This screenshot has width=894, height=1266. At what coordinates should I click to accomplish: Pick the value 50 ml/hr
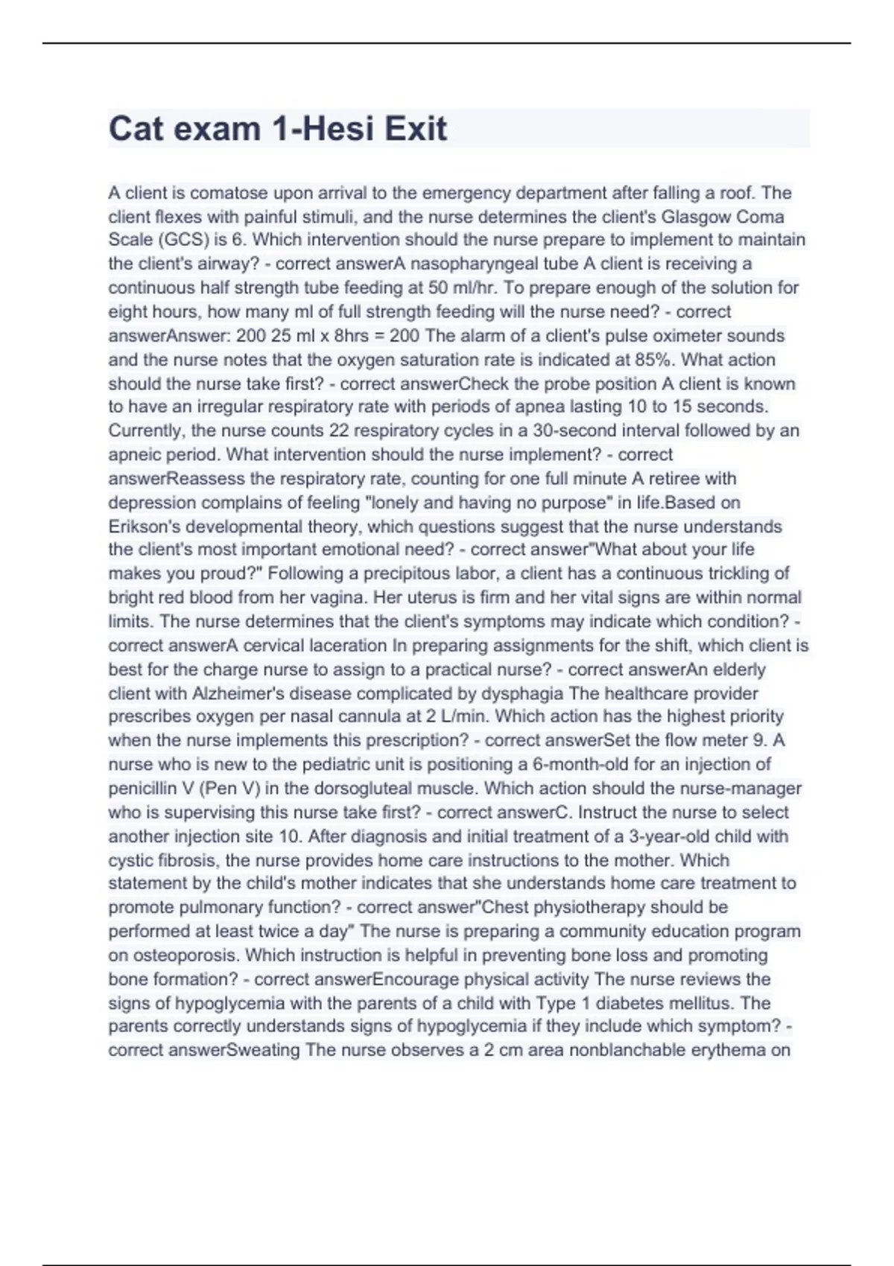pos(463,287)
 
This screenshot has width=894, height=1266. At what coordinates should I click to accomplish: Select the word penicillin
pos(141,788)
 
